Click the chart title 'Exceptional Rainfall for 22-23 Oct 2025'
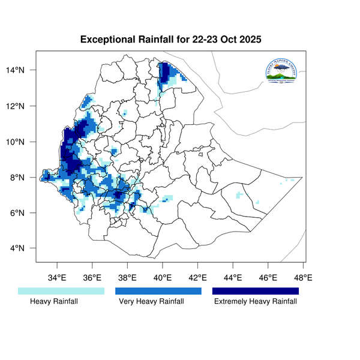coord(171,41)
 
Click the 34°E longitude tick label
coord(57,278)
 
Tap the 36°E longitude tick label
coord(92,278)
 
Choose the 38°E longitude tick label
coord(127,278)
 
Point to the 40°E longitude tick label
coord(163,278)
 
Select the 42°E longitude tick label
coord(197,278)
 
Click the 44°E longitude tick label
coord(233,278)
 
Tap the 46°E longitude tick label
coord(268,278)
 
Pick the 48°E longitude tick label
coord(303,278)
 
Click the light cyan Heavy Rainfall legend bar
coord(61,291)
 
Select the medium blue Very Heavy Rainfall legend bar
coord(158,291)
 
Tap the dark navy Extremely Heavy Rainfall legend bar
coord(256,291)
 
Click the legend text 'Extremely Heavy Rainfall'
coord(256,302)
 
